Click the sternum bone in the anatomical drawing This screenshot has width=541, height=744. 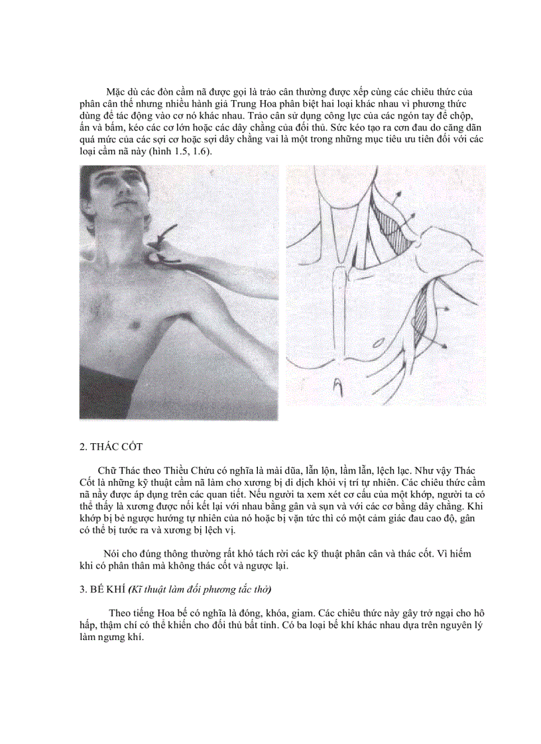click(339, 305)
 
